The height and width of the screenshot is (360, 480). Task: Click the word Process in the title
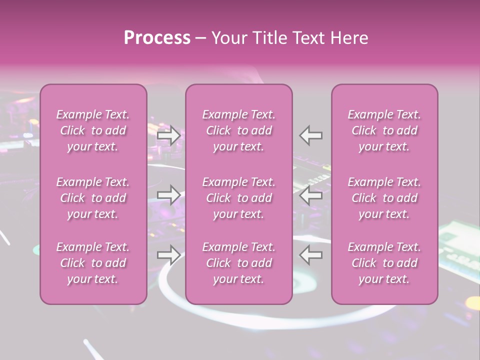(157, 38)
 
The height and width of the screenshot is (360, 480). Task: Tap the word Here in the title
(349, 38)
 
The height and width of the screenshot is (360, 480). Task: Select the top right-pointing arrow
(169, 135)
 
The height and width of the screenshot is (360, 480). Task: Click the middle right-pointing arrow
(169, 195)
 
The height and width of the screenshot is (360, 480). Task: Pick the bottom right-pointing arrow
(169, 255)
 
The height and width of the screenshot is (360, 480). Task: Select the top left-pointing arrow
(311, 135)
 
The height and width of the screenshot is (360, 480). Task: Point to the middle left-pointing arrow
(311, 195)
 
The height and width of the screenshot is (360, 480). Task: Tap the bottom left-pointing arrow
(311, 255)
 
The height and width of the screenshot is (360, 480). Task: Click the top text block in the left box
(93, 130)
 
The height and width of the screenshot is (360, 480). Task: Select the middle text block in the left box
(93, 198)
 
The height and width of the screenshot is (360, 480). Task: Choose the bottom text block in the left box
(93, 263)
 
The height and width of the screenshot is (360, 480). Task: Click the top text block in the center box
(239, 130)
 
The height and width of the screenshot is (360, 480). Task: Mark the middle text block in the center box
(239, 198)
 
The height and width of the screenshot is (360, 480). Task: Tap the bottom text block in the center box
(239, 263)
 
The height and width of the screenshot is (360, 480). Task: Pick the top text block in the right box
(384, 130)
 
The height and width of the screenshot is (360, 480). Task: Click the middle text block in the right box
(384, 198)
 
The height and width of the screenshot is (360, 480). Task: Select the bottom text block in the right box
(384, 263)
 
